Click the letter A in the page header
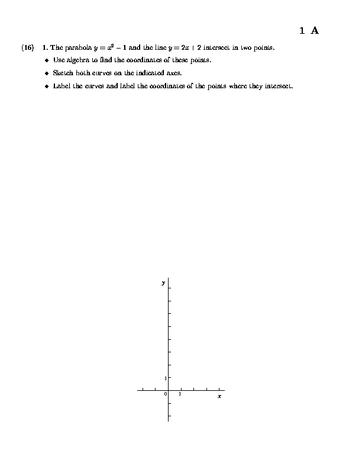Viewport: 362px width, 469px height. click(x=315, y=31)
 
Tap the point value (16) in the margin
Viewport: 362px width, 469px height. click(x=27, y=47)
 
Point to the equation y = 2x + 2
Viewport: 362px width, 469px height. click(x=183, y=47)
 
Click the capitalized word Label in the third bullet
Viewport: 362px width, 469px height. click(x=62, y=86)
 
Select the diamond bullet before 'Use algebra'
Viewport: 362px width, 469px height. click(x=47, y=60)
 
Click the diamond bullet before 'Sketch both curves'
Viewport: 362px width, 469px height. click(x=47, y=73)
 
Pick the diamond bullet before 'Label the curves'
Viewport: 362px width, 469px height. click(x=47, y=86)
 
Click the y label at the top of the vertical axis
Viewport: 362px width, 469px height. click(x=163, y=283)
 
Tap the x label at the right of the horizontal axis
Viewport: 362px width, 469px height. click(x=219, y=396)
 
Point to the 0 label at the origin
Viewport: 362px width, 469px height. click(x=166, y=394)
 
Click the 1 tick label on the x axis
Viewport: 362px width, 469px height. click(x=180, y=394)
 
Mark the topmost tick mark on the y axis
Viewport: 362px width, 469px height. click(x=170, y=288)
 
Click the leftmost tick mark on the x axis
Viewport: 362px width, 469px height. click(x=143, y=390)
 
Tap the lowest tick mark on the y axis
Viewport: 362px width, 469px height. click(x=170, y=416)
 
